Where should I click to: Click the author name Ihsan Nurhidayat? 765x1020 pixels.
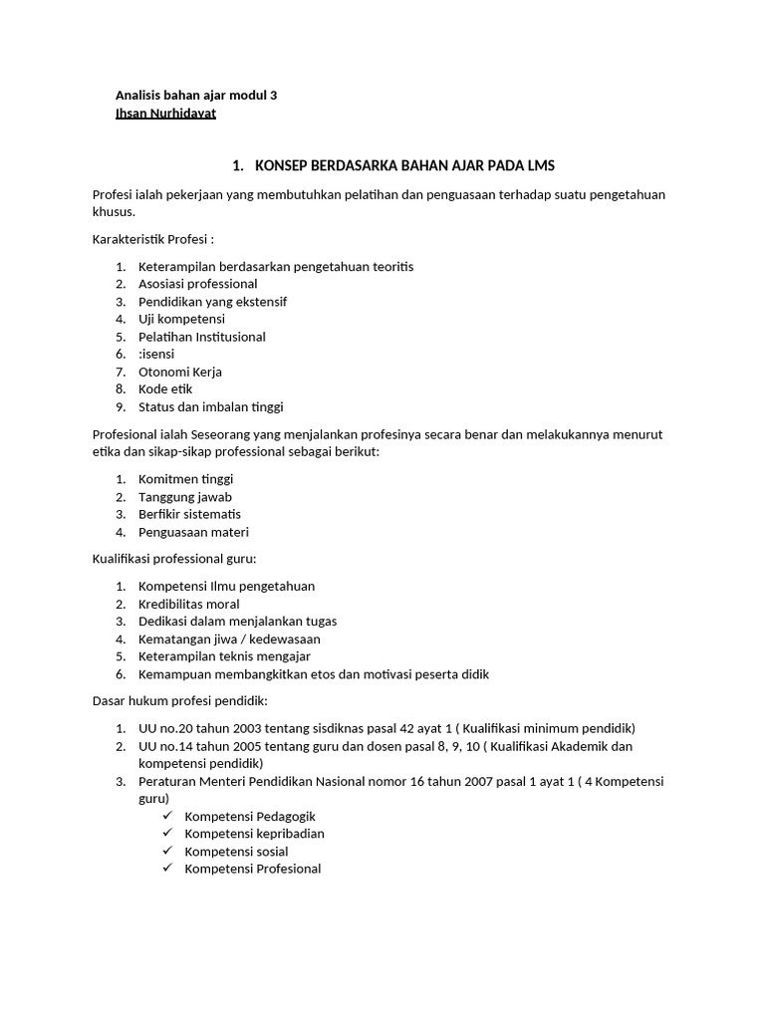pyautogui.click(x=165, y=114)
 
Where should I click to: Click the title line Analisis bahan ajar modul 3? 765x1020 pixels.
pyautogui.click(x=196, y=96)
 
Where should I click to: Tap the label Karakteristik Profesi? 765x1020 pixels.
pyautogui.click(x=152, y=240)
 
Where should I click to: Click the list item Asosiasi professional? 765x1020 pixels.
pyautogui.click(x=197, y=284)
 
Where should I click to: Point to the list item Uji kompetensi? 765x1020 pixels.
pyautogui.click(x=181, y=319)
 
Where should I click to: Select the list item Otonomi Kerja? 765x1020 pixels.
pyautogui.click(x=179, y=372)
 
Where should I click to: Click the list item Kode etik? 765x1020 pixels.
pyautogui.click(x=165, y=388)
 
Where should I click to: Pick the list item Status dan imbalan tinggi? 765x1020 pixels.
pyautogui.click(x=210, y=406)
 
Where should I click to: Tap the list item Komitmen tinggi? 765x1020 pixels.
pyautogui.click(x=185, y=479)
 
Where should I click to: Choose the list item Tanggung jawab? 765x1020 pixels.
pyautogui.click(x=184, y=496)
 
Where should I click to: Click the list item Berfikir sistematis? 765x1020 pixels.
pyautogui.click(x=189, y=514)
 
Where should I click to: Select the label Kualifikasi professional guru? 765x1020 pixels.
pyautogui.click(x=174, y=559)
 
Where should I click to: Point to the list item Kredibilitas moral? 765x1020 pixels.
pyautogui.click(x=188, y=604)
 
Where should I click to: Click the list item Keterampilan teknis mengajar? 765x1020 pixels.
pyautogui.click(x=224, y=656)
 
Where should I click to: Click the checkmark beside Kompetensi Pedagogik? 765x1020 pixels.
pyautogui.click(x=167, y=816)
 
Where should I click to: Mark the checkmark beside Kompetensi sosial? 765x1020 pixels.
pyautogui.click(x=167, y=851)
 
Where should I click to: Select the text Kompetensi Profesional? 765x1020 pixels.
pyautogui.click(x=253, y=869)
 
